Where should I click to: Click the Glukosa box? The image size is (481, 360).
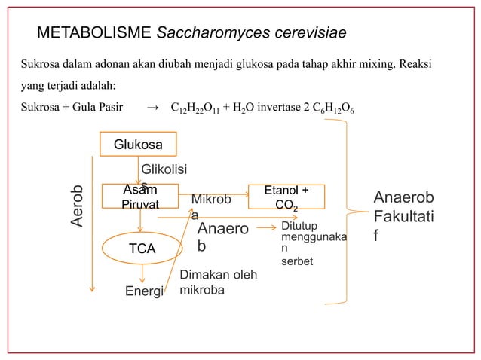click(137, 143)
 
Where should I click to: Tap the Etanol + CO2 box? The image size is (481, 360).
click(286, 197)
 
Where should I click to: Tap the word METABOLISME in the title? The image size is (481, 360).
click(95, 34)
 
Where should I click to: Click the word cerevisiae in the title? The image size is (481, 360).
click(305, 34)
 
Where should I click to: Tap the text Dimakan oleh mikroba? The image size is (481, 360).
click(218, 282)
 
